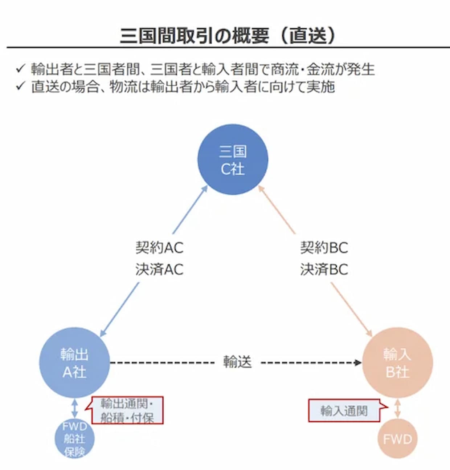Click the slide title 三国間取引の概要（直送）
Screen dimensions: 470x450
228,36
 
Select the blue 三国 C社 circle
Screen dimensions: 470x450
233,159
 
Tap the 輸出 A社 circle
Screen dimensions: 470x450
74,362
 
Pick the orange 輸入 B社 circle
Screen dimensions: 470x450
397,362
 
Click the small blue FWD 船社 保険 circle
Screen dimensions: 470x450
74,439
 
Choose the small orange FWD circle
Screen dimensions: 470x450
397,439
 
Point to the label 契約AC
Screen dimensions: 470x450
159,248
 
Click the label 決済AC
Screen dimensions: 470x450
159,270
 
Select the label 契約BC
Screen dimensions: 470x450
324,248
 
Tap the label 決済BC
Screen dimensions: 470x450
324,270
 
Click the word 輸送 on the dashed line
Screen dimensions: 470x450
237,362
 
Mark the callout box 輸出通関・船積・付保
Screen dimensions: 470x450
127,410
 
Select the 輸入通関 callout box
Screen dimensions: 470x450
344,411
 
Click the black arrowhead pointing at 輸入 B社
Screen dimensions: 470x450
358,362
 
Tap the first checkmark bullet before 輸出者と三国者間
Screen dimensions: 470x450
20,68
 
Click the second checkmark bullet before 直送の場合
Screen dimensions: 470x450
20,86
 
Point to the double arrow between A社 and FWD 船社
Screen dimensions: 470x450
75,408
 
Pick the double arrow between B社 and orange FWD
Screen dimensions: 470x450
398,409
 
